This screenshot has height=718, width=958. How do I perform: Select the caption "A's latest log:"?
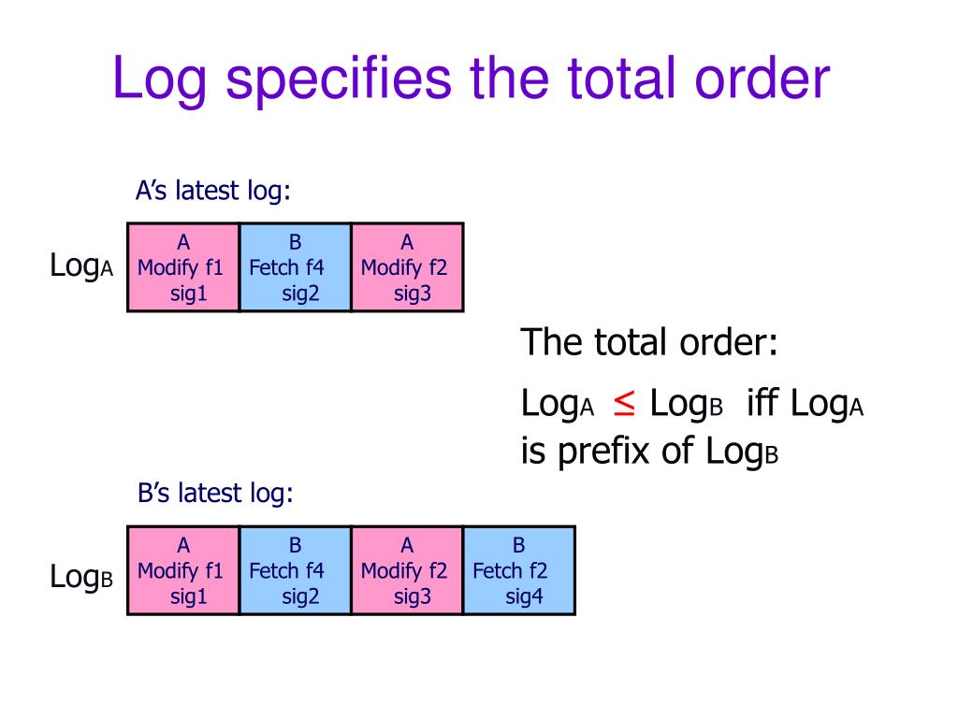pos(213,191)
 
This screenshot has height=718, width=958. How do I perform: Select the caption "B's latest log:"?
pos(215,493)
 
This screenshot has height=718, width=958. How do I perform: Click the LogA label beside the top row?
pos(81,266)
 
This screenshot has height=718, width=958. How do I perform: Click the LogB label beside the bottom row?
pos(81,578)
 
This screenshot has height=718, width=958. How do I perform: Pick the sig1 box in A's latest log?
pos(183,267)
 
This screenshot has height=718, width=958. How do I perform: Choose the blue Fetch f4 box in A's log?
pos(296,267)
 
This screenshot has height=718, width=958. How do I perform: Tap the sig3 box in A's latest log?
pos(407,267)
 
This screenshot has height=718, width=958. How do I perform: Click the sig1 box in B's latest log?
pos(183,570)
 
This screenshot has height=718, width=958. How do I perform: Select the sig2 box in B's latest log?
pos(296,570)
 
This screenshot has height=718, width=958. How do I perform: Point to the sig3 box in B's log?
pos(407,570)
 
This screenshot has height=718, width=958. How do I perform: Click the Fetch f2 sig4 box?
pos(519,570)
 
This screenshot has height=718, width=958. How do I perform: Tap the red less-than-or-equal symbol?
pos(624,403)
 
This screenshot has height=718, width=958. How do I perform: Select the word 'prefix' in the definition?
pos(606,452)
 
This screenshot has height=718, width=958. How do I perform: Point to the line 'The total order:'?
pos(649,342)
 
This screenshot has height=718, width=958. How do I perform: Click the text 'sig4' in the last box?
pos(524,596)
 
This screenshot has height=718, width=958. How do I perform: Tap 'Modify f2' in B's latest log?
pos(404,570)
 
